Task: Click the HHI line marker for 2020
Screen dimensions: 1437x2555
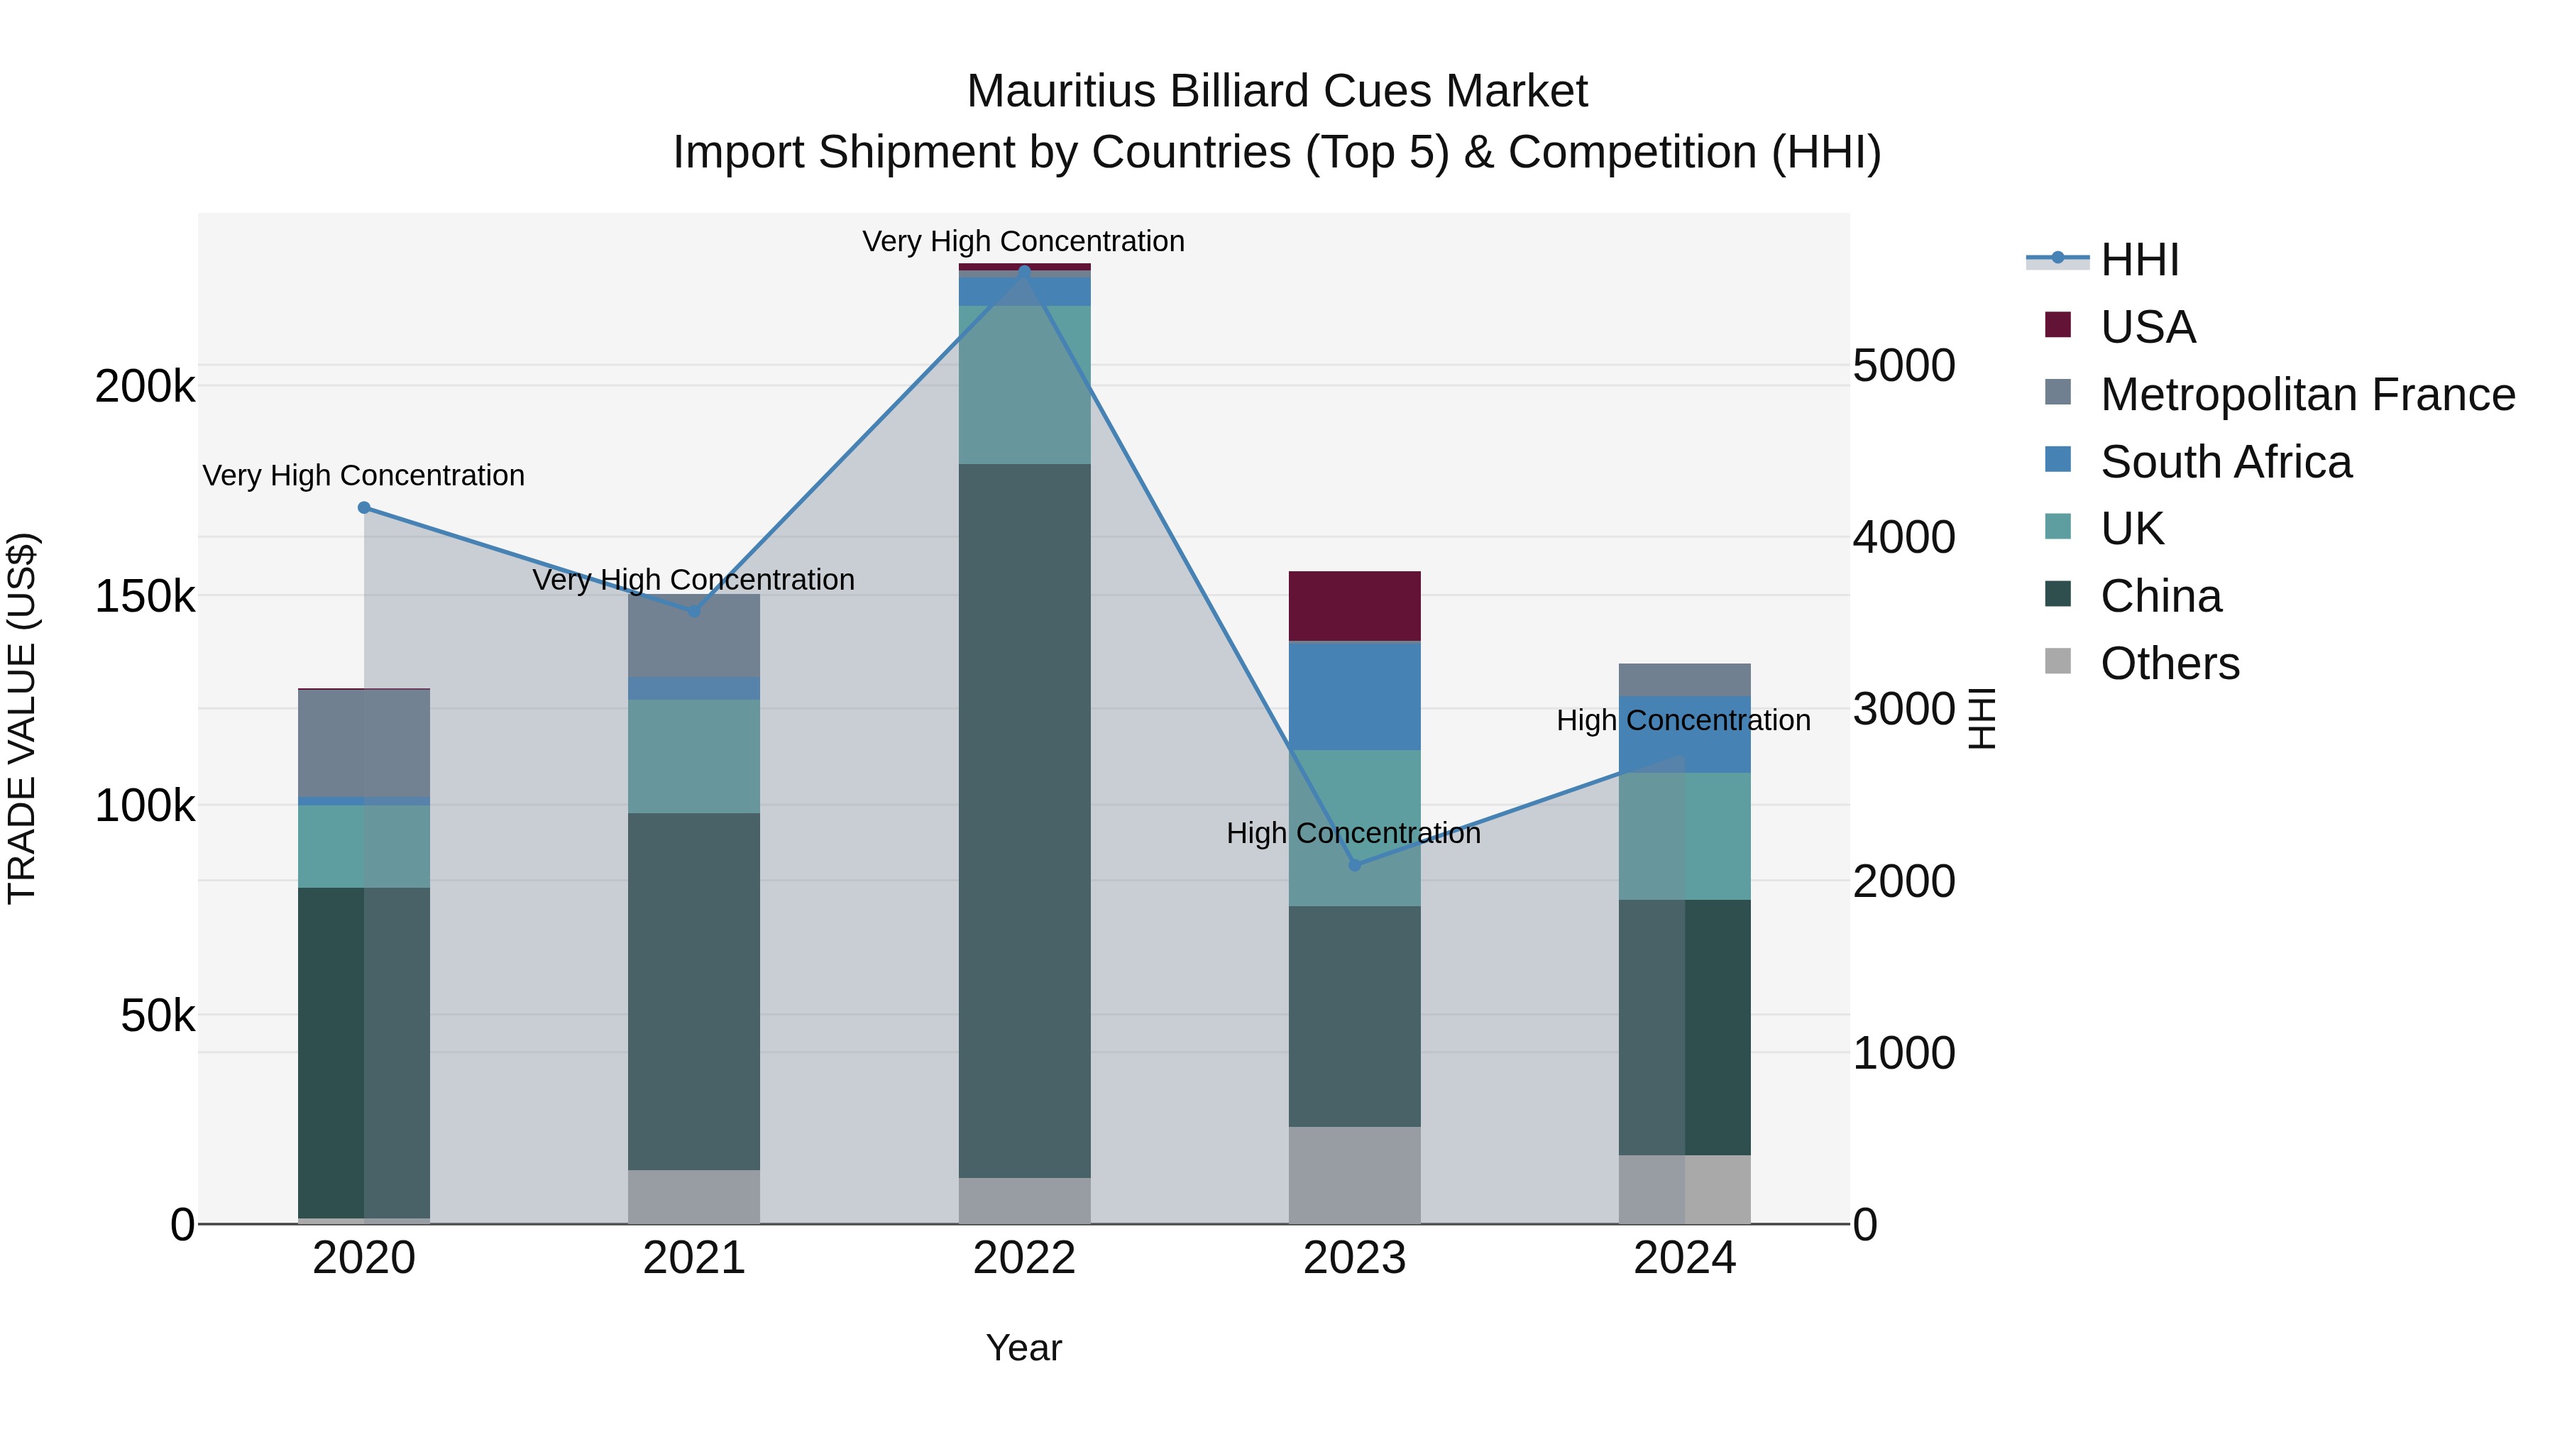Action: [x=364, y=508]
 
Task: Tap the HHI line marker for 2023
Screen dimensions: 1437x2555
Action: [x=1355, y=866]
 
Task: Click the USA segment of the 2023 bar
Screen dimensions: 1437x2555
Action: [x=1355, y=606]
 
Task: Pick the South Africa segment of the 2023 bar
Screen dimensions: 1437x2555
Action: [x=1355, y=696]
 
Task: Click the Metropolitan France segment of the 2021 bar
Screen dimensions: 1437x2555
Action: [x=694, y=636]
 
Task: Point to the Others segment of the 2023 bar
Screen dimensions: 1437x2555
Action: [x=1355, y=1174]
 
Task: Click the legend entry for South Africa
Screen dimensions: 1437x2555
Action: [x=2225, y=462]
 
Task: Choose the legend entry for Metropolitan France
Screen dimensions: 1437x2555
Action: [x=2307, y=395]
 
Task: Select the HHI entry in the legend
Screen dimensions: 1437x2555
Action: [x=2138, y=260]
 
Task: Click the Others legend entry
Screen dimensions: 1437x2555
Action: [x=2169, y=664]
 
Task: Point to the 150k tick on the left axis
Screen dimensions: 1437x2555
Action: [x=145, y=597]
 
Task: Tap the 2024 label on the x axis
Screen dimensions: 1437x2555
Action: [x=1684, y=1258]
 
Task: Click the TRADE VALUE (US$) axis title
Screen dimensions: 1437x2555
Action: [x=23, y=718]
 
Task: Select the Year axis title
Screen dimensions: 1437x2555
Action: [x=1023, y=1348]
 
